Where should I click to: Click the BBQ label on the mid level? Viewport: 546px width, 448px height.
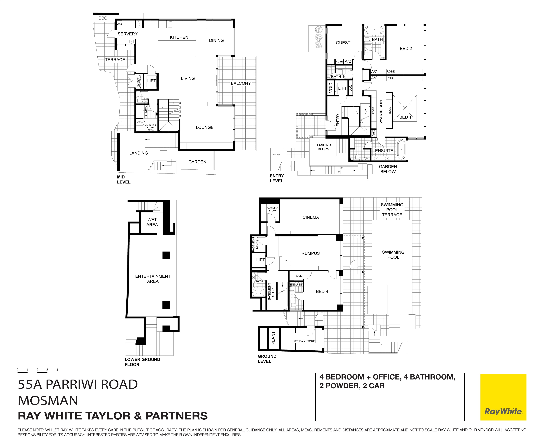pos(103,18)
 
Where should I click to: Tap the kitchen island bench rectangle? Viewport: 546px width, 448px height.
pos(177,48)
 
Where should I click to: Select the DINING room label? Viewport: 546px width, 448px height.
pos(216,41)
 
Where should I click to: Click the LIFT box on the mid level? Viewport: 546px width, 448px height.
pos(151,81)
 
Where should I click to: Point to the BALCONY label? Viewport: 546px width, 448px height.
pos(241,83)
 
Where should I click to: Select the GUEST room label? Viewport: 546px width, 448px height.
pos(343,43)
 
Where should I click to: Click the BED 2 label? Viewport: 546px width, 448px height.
pos(406,49)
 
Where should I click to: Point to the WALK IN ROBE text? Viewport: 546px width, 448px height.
pos(381,111)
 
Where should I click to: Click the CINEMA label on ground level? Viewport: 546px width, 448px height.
pos(311,217)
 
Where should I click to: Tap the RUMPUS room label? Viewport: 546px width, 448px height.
pos(310,253)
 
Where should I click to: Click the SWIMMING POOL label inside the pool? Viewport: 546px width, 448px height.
pos(393,255)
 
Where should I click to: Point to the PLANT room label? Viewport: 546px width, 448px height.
pos(273,338)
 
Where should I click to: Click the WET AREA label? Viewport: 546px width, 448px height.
pos(152,222)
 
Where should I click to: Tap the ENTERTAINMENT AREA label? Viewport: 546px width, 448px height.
pos(153,279)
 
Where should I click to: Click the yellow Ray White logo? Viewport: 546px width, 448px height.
pos(503,397)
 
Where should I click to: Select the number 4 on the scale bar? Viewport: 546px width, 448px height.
pos(57,370)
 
